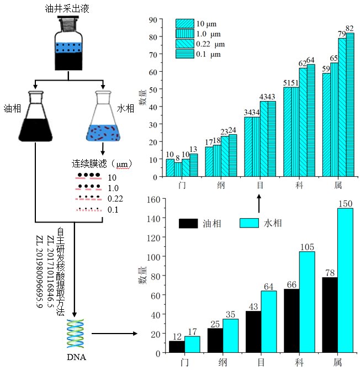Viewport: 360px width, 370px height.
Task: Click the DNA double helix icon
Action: click(x=75, y=334)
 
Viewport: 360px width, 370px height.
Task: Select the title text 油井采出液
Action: click(x=67, y=9)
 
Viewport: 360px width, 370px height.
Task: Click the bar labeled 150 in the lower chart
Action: click(x=346, y=281)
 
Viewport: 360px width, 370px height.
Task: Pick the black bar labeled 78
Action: click(x=330, y=315)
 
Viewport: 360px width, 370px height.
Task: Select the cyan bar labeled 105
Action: click(x=307, y=302)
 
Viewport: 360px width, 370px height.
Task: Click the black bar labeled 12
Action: click(x=177, y=347)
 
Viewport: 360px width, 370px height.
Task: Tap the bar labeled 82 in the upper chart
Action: click(x=350, y=104)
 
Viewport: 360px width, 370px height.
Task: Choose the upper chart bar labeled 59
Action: click(x=326, y=125)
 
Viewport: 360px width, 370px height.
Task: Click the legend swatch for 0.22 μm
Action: click(x=185, y=44)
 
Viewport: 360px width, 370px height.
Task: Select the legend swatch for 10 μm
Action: click(x=185, y=24)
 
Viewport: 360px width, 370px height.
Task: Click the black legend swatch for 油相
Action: click(x=188, y=223)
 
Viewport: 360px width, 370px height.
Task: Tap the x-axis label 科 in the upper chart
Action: click(x=299, y=185)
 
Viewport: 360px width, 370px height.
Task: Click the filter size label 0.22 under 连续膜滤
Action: click(x=115, y=199)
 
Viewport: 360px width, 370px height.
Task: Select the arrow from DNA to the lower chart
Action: click(x=114, y=334)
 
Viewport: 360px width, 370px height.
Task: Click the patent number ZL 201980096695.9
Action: click(x=39, y=271)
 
